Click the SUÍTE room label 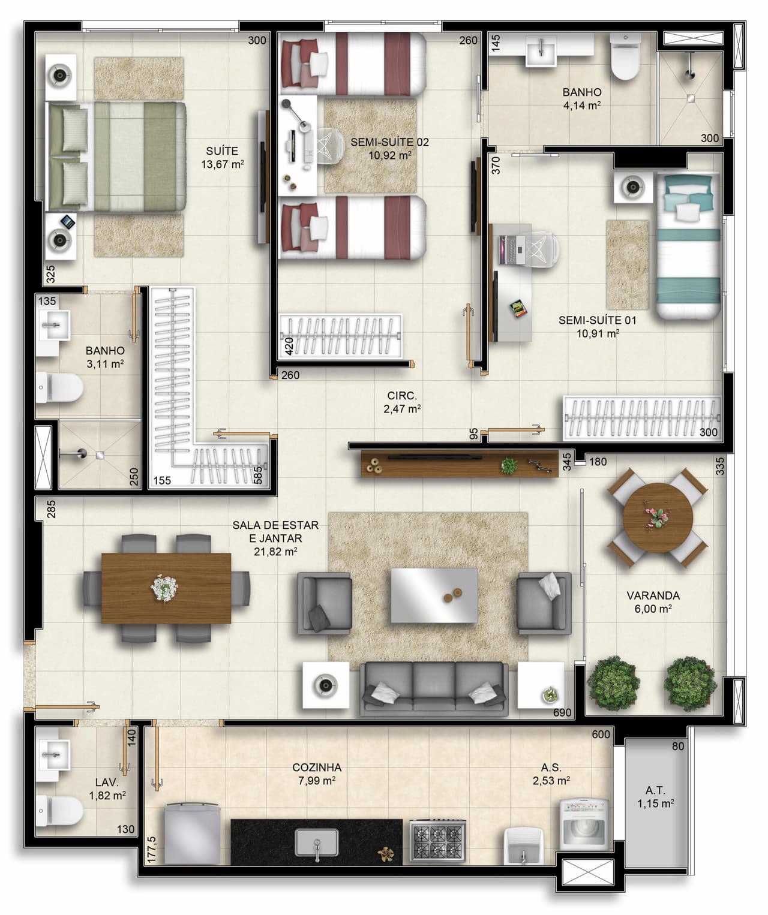click(x=222, y=151)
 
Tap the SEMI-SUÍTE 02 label click(x=389, y=143)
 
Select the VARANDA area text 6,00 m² click(x=653, y=609)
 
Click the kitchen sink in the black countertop click(x=317, y=842)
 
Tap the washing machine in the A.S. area click(x=584, y=824)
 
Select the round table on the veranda click(x=658, y=517)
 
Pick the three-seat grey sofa click(x=434, y=688)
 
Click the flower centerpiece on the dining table click(x=164, y=588)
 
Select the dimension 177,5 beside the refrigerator click(x=152, y=849)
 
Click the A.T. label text click(x=655, y=790)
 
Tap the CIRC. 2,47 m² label click(x=402, y=402)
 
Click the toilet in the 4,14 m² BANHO click(x=625, y=57)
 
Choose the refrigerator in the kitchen click(x=192, y=834)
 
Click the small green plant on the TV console click(x=509, y=466)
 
